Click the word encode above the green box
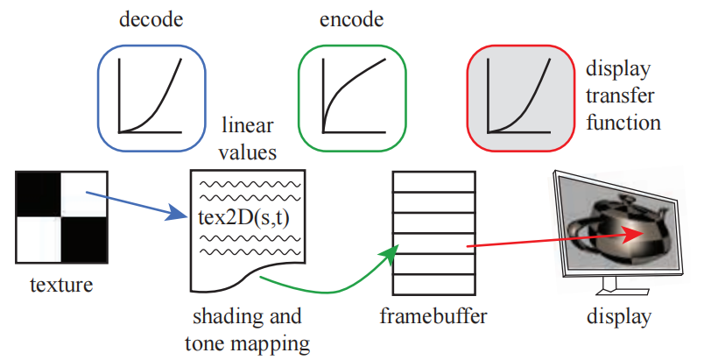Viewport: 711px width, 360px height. pos(350,20)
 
